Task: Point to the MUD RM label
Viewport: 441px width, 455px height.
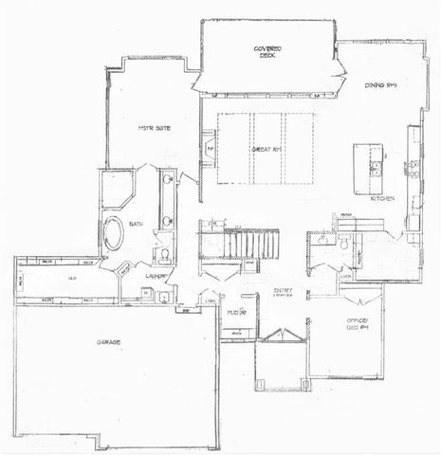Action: point(236,311)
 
